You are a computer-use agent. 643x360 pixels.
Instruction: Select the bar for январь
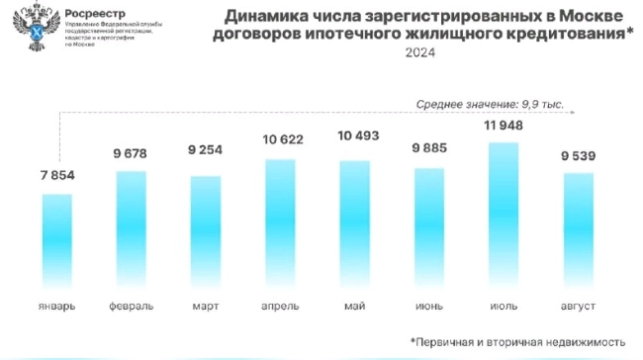(x=57, y=237)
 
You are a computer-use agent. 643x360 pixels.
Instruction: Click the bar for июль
(x=503, y=212)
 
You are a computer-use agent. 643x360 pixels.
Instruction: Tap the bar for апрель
(x=280, y=220)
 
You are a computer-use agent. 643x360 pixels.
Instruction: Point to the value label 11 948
(x=503, y=126)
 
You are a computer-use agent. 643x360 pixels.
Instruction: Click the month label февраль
(x=132, y=305)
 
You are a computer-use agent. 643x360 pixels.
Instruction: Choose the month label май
(x=354, y=305)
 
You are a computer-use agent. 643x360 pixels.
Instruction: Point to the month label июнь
(x=428, y=305)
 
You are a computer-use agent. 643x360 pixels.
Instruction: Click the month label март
(x=206, y=305)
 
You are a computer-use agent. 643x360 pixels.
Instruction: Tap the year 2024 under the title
(x=418, y=55)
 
